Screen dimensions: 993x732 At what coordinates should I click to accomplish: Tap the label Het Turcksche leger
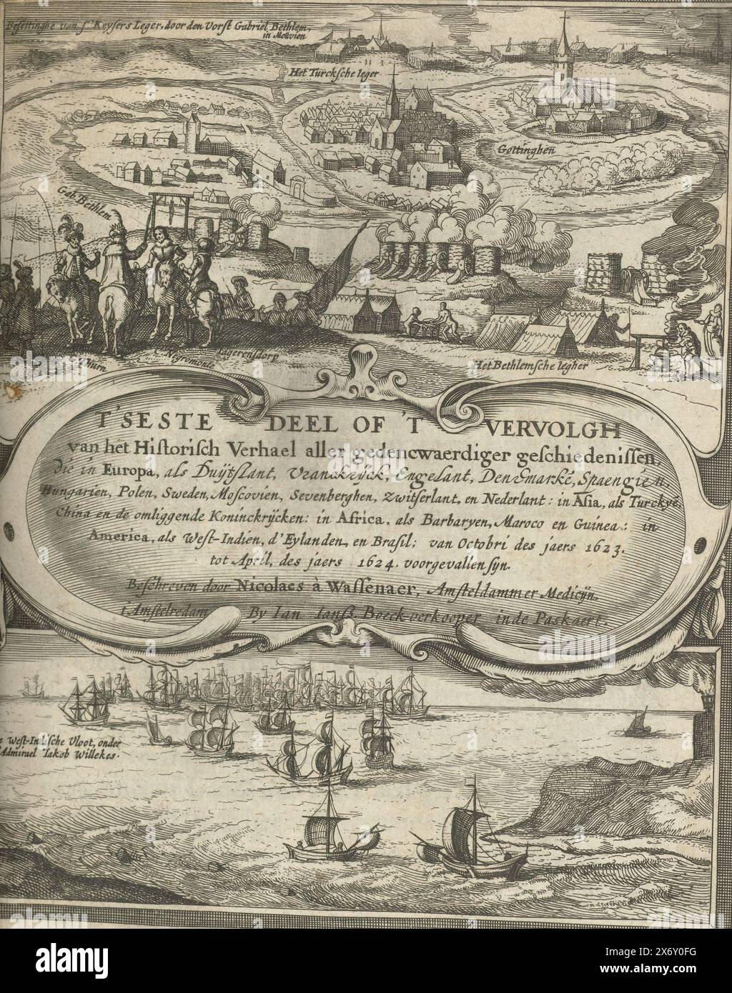tap(332, 72)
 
